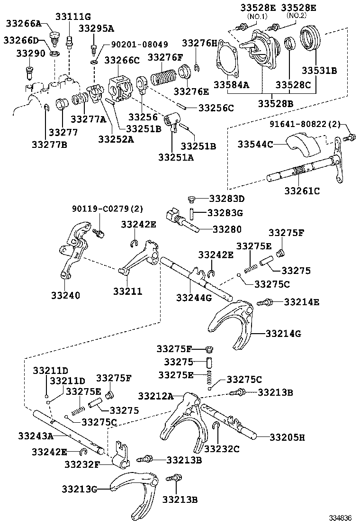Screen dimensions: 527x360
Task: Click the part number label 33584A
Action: point(230,85)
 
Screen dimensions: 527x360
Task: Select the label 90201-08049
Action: point(139,45)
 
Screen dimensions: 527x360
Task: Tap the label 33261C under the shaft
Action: point(302,191)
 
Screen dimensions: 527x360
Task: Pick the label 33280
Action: point(226,229)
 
